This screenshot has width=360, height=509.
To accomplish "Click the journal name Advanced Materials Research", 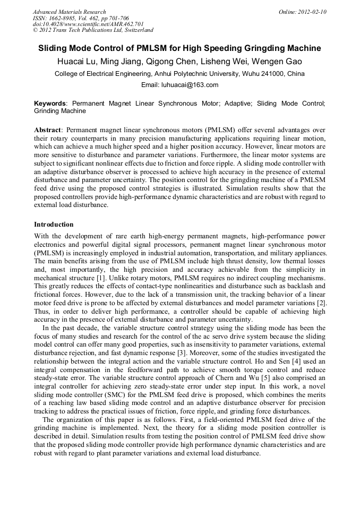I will point(69,12).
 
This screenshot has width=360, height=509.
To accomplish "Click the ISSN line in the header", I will point(80,18).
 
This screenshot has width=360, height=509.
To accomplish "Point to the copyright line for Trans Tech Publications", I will point(93,30).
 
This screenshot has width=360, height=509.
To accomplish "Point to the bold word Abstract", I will point(47,130).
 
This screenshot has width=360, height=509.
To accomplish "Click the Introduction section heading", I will point(54,225).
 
